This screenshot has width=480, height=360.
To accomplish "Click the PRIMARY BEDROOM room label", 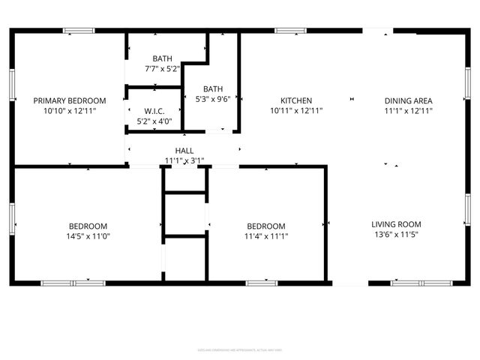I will [x=70, y=100].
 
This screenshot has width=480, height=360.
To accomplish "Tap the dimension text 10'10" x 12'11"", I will [x=70, y=110].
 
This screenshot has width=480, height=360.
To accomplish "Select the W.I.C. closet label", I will [x=154, y=111].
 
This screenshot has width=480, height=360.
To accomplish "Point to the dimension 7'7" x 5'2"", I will [x=162, y=68].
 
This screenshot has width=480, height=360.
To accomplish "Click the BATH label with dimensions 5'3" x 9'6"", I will [x=213, y=88].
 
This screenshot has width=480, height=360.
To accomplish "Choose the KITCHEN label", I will [x=296, y=100].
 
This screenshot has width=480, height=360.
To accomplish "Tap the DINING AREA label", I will [x=408, y=100].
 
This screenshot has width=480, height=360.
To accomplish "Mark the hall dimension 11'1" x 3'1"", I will [x=184, y=160].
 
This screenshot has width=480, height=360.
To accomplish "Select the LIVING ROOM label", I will [x=396, y=224].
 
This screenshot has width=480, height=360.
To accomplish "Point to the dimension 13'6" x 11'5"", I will [x=396, y=235].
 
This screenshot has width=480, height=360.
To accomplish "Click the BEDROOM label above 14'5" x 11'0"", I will [x=88, y=226].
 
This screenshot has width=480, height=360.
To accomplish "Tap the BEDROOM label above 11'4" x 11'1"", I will [x=266, y=226].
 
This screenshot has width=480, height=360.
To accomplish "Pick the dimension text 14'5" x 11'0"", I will [x=88, y=235].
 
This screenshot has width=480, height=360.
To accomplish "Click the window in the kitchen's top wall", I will [x=291, y=31].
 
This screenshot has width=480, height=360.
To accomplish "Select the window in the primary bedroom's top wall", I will [x=78, y=31].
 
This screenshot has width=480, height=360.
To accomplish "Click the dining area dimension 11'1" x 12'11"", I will [x=408, y=110].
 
